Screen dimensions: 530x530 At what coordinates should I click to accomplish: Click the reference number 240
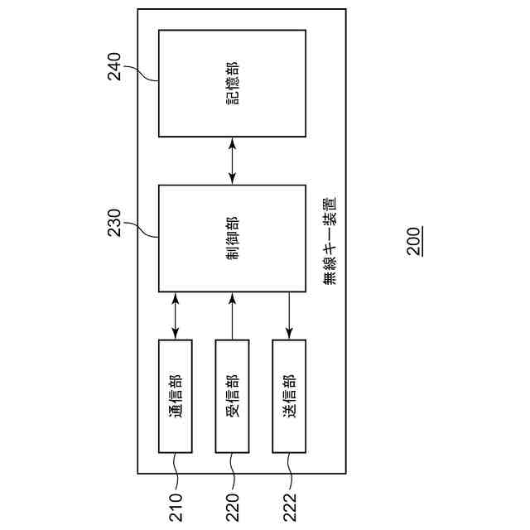pyautogui.click(x=114, y=66)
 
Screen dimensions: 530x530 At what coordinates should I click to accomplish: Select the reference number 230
pyautogui.click(x=114, y=222)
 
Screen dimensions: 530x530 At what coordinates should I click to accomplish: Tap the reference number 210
pyautogui.click(x=176, y=508)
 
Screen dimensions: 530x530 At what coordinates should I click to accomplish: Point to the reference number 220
pyautogui.click(x=232, y=508)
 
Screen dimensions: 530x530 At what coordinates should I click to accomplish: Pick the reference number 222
pyautogui.click(x=289, y=508)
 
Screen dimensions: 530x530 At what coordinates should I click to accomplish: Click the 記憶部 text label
pyautogui.click(x=232, y=83)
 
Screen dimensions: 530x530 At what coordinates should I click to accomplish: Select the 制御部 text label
pyautogui.click(x=232, y=238)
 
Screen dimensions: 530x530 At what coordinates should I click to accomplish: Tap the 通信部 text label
pyautogui.click(x=176, y=396)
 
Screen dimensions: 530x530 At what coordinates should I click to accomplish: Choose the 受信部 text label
pyautogui.click(x=232, y=396)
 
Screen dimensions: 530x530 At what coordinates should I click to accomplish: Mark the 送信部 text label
pyautogui.click(x=289, y=396)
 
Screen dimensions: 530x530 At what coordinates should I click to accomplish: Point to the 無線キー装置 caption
pyautogui.click(x=329, y=240)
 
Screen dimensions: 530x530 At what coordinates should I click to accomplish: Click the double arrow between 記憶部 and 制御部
pyautogui.click(x=232, y=161)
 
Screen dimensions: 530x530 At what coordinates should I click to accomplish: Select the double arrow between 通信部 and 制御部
pyautogui.click(x=176, y=316)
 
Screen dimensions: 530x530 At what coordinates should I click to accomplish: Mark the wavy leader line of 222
pyautogui.click(x=289, y=472)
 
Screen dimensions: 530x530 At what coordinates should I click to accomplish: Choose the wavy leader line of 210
pyautogui.click(x=176, y=472)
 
